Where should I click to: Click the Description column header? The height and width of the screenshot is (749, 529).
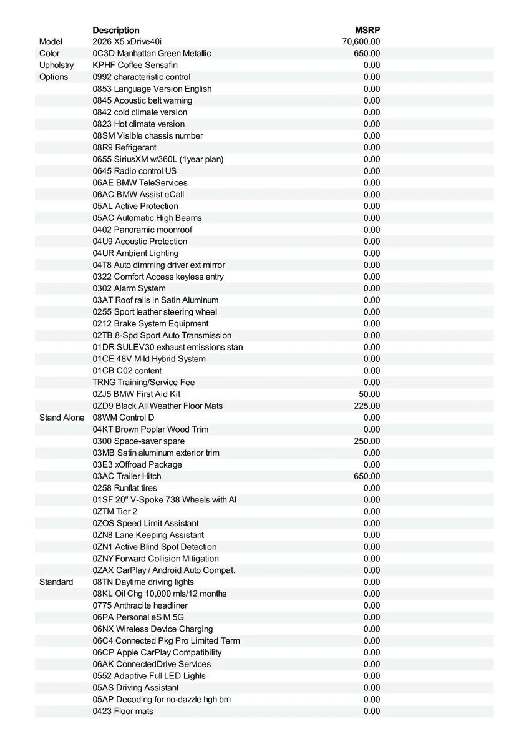click(x=116, y=30)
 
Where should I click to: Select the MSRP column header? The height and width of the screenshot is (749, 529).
click(x=367, y=30)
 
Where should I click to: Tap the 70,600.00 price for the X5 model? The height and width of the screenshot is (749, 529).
click(x=361, y=42)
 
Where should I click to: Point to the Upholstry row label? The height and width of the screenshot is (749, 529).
click(x=56, y=65)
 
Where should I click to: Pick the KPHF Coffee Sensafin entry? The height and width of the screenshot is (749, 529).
click(x=135, y=65)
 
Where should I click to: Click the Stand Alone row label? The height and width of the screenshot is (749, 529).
click(x=61, y=418)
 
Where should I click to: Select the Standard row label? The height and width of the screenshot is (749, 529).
click(x=56, y=582)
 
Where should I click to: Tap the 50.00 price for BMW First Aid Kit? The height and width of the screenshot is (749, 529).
click(x=369, y=394)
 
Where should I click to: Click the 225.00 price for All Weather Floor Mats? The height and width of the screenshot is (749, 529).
click(x=367, y=406)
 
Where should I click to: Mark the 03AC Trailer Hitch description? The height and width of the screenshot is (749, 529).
click(x=127, y=476)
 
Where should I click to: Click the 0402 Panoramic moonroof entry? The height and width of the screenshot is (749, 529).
click(x=142, y=230)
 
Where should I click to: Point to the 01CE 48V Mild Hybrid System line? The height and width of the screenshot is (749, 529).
click(x=149, y=359)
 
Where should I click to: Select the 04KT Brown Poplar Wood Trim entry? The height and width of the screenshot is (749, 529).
click(x=150, y=429)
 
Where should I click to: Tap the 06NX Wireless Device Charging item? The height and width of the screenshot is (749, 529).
click(x=153, y=629)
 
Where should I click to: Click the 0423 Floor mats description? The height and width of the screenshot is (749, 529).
click(x=123, y=711)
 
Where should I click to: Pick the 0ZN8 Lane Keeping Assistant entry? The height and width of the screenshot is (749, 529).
click(x=148, y=535)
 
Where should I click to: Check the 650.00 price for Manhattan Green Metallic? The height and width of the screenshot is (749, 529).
click(x=367, y=54)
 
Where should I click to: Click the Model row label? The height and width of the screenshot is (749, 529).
click(x=51, y=42)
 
